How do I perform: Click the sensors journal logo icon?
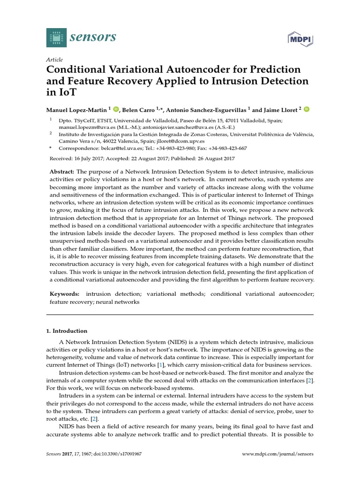pyautogui.click(x=57, y=37)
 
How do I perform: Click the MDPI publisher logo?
pyautogui.click(x=300, y=40)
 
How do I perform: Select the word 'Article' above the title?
pyautogui.click(x=54, y=60)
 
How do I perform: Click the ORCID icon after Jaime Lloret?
pyautogui.click(x=307, y=109)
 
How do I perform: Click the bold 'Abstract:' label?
pyautogui.click(x=62, y=172)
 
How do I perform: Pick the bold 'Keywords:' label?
pyautogui.click(x=65, y=294)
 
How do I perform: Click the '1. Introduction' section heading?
pyautogui.click(x=67, y=330)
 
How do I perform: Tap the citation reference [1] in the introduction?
pyautogui.click(x=160, y=365)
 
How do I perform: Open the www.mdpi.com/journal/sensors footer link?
pyautogui.click(x=278, y=454)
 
